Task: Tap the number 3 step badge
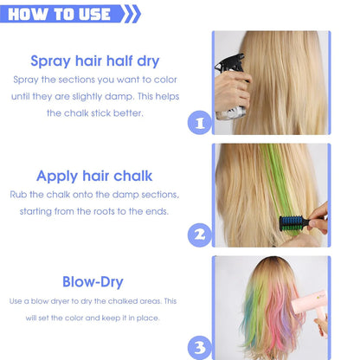[200, 347]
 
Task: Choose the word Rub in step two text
[18, 195]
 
